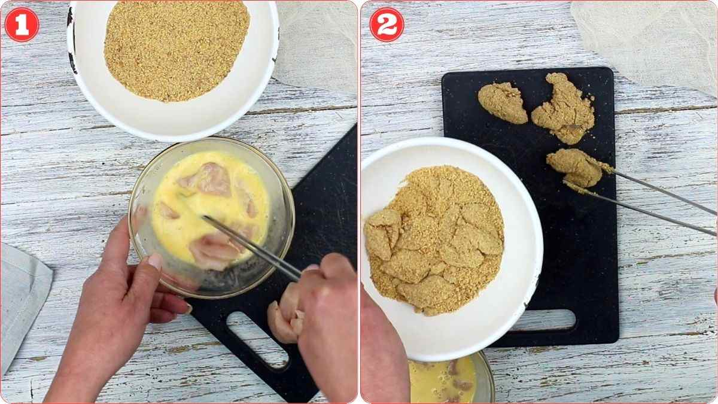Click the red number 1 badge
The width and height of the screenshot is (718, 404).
[x=22, y=25]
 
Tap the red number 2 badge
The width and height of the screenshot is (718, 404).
[x=387, y=25]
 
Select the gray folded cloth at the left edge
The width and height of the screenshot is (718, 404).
[x=22, y=299]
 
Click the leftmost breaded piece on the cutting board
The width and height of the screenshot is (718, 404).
[x=503, y=102]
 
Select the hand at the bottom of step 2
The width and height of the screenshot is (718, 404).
[x=383, y=353]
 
